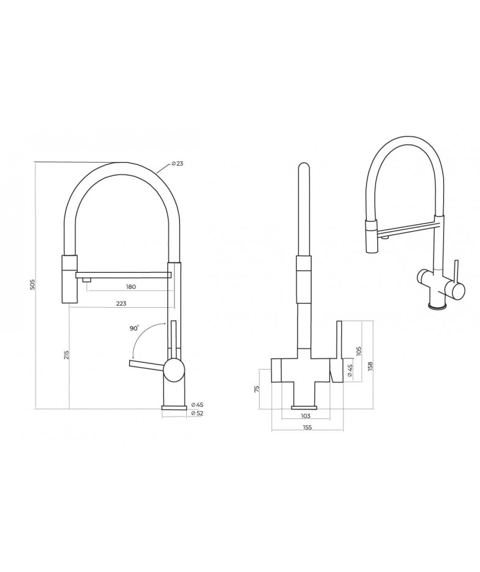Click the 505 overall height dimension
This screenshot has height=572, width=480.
tap(32, 284)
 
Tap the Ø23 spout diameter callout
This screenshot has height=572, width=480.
tap(177, 163)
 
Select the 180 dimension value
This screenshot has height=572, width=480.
tap(130, 287)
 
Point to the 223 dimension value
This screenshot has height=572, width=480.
tap(121, 303)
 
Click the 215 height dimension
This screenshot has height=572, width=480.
tap(66, 355)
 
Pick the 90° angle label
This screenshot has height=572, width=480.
tap(134, 328)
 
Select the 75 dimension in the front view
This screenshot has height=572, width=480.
tap(257, 388)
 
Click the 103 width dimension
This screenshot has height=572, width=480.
tap(306, 416)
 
